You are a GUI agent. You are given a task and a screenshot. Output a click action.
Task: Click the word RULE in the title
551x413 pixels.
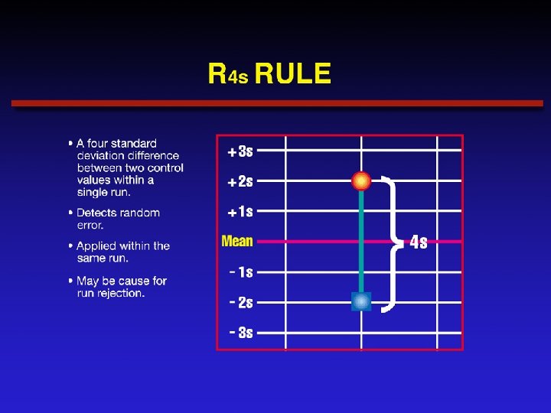tap(293, 74)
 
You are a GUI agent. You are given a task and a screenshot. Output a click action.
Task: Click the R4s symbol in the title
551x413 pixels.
tap(227, 75)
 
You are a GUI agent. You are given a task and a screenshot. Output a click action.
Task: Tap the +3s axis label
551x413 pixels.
tap(240, 151)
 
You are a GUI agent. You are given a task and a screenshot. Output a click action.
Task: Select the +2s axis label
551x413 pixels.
tap(240, 182)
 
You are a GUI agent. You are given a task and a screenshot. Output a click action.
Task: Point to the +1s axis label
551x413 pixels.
tap(240, 212)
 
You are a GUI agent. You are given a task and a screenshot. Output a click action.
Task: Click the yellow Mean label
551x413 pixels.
tap(237, 242)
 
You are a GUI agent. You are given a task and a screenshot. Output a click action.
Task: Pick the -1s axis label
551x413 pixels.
tap(241, 272)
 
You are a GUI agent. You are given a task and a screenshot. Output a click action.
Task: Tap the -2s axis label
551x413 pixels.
tap(241, 303)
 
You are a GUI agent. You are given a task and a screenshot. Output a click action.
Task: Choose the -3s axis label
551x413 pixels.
tap(241, 333)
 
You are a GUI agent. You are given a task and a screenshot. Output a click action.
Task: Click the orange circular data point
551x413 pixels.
tap(361, 181)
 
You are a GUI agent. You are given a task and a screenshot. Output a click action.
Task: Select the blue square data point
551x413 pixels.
tap(361, 302)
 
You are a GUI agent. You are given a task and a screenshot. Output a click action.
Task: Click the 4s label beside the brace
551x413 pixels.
tap(419, 242)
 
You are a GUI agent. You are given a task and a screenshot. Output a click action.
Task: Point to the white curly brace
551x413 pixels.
tap(392, 242)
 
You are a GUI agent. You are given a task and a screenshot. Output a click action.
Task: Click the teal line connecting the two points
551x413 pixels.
tap(361, 241)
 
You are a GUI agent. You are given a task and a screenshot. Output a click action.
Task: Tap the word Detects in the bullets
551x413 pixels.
tap(97, 213)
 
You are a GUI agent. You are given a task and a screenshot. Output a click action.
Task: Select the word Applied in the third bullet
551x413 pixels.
tap(97, 246)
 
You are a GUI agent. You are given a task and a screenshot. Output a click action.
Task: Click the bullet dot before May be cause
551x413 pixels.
tap(71, 281)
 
